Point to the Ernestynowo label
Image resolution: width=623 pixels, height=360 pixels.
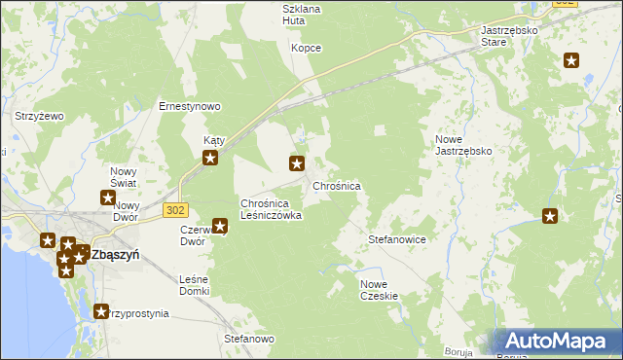[x=191, y=106]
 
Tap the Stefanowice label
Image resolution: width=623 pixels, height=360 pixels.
[x=397, y=238]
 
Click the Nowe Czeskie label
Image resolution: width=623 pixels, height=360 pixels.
[x=379, y=289]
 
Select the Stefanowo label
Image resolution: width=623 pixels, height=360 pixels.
[x=249, y=339]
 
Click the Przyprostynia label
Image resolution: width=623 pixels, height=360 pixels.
[x=139, y=313]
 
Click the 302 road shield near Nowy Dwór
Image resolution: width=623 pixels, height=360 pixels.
[x=175, y=210]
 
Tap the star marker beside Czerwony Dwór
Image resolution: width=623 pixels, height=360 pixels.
[x=220, y=227]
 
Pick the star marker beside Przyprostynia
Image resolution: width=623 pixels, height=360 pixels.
[x=100, y=311]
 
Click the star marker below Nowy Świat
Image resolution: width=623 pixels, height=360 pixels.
[x=108, y=198]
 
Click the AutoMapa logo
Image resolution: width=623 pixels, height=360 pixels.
[x=559, y=342]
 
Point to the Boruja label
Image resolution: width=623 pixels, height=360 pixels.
[x=457, y=352]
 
